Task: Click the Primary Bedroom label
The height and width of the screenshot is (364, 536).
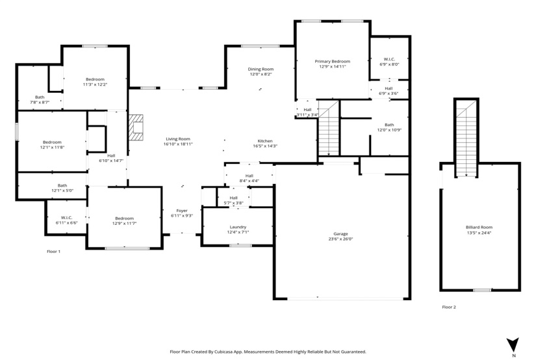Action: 332,62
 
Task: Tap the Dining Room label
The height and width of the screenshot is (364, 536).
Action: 261,69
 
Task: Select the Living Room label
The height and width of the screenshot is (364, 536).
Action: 178,139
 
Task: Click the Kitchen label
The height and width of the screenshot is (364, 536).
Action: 265,141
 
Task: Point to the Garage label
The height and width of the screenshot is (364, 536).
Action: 340,234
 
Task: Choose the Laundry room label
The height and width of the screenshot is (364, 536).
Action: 238,227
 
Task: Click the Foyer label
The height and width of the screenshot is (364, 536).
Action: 182,211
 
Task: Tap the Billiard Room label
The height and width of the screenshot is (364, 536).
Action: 479,227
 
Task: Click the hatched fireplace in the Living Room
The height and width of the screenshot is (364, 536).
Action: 136,127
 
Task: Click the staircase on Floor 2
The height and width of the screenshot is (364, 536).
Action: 466,138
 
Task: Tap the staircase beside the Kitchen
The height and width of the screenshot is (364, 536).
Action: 329,128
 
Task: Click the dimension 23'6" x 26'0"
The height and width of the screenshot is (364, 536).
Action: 340,239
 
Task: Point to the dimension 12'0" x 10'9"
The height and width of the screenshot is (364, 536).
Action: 389,130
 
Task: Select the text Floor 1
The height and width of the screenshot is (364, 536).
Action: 54,252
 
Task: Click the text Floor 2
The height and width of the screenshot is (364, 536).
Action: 449,307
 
